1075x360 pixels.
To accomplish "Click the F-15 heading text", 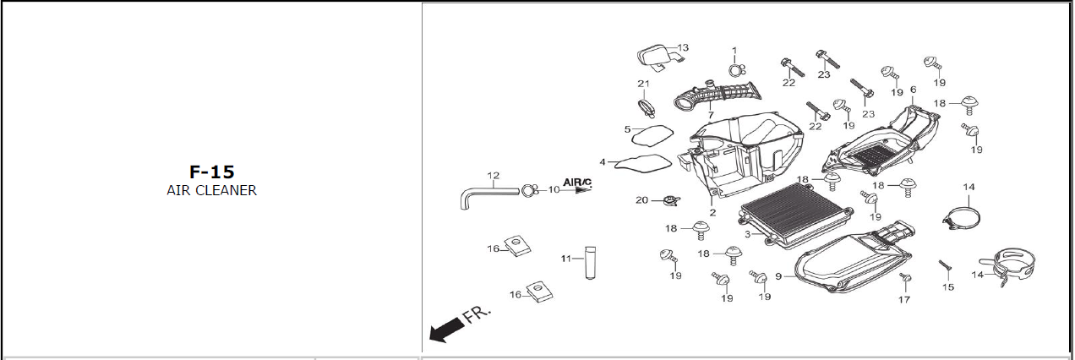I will (x=211, y=172).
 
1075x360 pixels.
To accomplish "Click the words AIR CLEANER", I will (x=211, y=191).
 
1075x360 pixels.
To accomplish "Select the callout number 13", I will (x=683, y=47).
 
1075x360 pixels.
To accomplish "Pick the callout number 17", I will (x=904, y=299).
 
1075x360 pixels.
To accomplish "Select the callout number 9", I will (x=778, y=275).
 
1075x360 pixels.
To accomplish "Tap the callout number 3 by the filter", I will (x=747, y=233).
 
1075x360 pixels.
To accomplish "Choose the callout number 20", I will (x=641, y=200).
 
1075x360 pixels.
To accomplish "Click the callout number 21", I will (x=643, y=83).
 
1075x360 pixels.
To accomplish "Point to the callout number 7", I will (x=711, y=115).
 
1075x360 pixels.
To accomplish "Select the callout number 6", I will (x=913, y=90).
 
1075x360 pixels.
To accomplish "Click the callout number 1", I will (x=734, y=51).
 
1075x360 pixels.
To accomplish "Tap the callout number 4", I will (x=603, y=161).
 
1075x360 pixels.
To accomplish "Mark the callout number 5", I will (x=628, y=129).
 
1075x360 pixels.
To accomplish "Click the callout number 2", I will (x=712, y=213).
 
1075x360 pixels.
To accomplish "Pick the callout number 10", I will (x=554, y=190).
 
